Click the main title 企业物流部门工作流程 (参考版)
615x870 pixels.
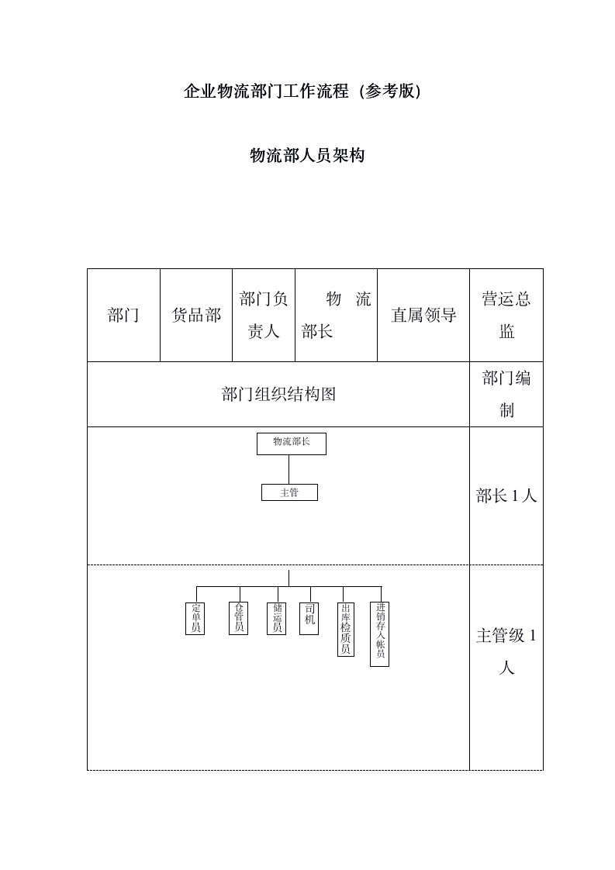point(302,91)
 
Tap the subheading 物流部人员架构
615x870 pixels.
point(307,156)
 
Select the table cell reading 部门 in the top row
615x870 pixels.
point(123,315)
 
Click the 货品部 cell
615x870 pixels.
point(196,315)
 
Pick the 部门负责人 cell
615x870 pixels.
point(264,315)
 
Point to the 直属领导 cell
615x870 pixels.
point(423,315)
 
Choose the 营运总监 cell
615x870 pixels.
point(506,315)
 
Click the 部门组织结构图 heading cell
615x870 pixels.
point(278,394)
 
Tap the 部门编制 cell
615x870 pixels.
point(506,394)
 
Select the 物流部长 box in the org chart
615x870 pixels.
point(292,444)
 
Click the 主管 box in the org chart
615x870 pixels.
point(289,492)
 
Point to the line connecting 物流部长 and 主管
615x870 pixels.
point(289,469)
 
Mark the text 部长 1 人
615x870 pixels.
point(506,496)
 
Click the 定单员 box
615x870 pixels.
point(196,618)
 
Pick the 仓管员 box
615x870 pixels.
point(239,618)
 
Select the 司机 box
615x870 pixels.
point(309,618)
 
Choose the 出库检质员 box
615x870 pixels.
point(346,629)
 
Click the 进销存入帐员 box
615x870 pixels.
point(380,634)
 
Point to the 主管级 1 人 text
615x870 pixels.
point(506,651)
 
